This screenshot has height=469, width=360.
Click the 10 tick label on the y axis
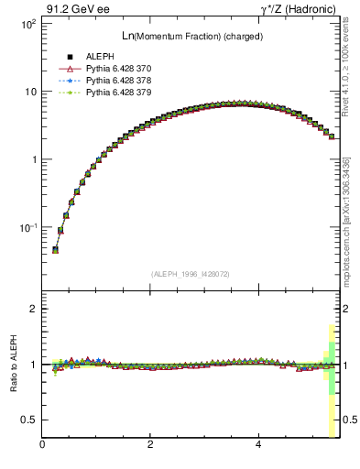28,92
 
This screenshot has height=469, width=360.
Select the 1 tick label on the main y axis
32,159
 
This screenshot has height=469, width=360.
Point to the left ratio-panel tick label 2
33,309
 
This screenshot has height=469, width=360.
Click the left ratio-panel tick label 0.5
29,420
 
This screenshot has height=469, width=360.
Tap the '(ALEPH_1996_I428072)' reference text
191,274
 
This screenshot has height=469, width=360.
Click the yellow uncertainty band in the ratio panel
331,412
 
